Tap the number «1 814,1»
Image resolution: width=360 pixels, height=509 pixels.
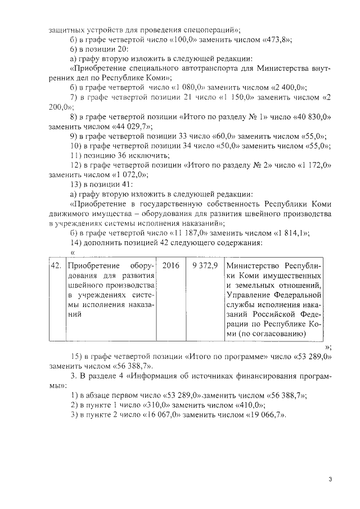point(304,233)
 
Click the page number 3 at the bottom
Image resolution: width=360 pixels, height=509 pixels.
point(331,479)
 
